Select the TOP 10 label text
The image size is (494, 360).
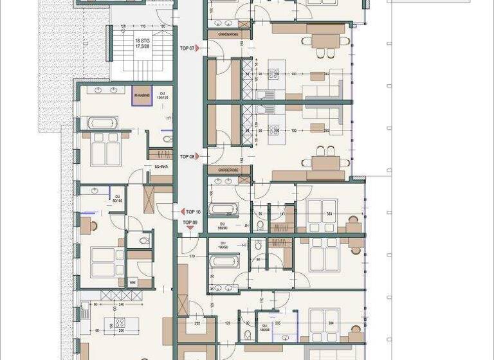coord(193,212)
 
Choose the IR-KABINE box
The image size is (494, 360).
coord(142,95)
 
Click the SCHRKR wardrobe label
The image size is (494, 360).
coord(161,167)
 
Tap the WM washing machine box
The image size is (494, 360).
coord(133,282)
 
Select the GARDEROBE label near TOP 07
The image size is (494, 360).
coord(228,33)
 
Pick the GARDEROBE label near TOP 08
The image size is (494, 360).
coord(228,170)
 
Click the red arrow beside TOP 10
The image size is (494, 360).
coord(183,212)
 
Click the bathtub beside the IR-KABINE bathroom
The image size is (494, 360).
coord(102,123)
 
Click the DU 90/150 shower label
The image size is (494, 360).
coord(116,198)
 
